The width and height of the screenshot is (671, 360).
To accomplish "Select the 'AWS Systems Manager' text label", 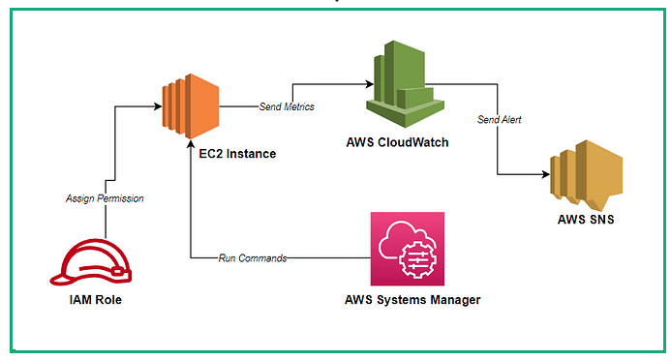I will pos(412,299).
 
